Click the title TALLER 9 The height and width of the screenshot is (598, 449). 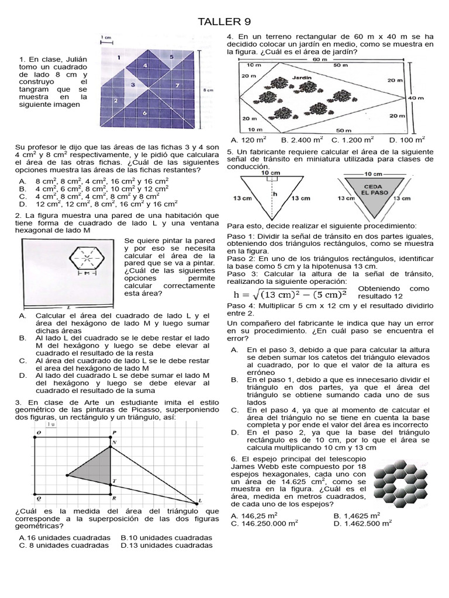[224, 22]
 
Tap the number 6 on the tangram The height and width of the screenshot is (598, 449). [144, 112]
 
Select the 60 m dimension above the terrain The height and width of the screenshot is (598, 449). [320, 59]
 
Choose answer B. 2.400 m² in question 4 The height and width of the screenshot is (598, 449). [302, 140]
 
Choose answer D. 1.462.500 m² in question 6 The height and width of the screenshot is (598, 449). [362, 524]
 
